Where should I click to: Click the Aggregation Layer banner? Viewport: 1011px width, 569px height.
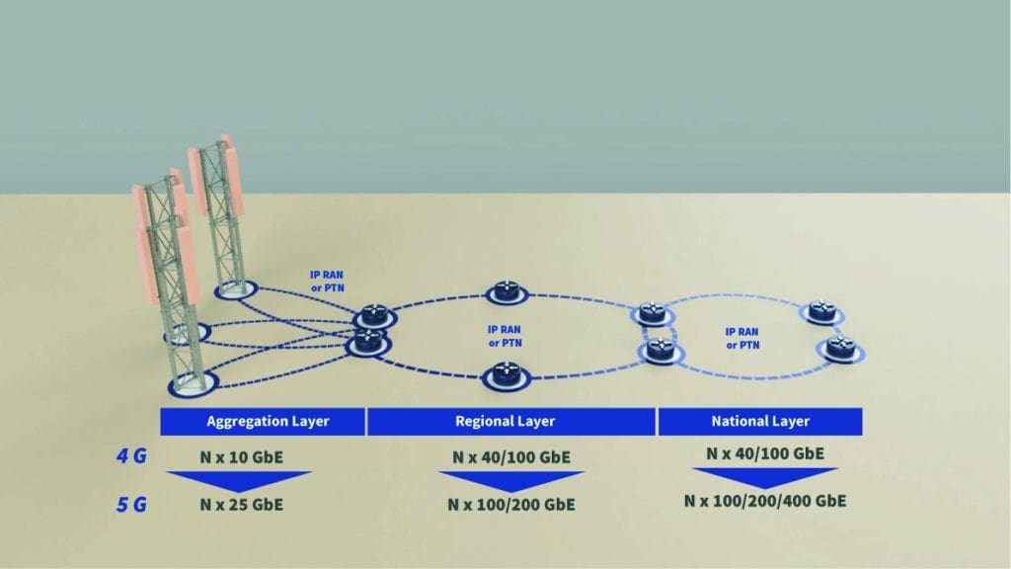[263, 421]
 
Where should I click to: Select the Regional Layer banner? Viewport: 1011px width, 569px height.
[511, 421]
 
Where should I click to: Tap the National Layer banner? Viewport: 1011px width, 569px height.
[760, 421]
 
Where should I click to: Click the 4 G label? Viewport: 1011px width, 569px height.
[131, 456]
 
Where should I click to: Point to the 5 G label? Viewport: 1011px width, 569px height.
[131, 504]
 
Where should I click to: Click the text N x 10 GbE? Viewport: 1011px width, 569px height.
[241, 457]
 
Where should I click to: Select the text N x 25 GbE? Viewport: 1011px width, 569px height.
[241, 505]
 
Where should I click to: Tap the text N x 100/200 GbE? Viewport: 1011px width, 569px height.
[511, 505]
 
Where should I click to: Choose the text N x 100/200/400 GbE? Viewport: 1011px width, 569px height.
[765, 501]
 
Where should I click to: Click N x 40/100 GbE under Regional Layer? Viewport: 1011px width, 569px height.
[511, 457]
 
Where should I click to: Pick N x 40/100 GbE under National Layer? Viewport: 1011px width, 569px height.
[765, 453]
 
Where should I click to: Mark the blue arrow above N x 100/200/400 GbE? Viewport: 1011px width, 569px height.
[765, 477]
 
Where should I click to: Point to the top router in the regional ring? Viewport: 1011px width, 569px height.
[506, 292]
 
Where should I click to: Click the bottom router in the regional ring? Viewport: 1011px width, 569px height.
[506, 376]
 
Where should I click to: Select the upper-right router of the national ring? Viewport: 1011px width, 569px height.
[822, 312]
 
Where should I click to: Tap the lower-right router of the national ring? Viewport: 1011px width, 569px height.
[840, 349]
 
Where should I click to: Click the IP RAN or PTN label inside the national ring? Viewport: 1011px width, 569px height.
[742, 338]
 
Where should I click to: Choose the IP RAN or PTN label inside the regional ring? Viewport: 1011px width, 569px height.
[505, 336]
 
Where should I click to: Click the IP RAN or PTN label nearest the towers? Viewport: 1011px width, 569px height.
[327, 282]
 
